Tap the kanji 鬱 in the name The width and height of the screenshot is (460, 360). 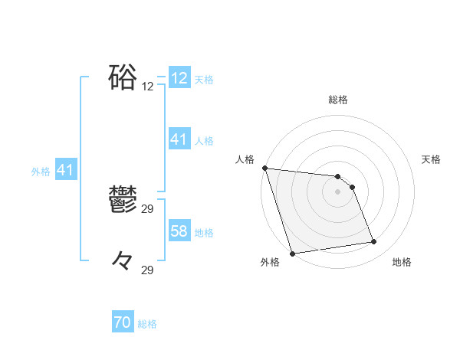click(x=123, y=201)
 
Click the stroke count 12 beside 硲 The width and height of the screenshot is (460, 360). click(x=148, y=87)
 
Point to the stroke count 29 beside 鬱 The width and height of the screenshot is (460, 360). click(x=148, y=209)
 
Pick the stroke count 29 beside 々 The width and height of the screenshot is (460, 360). click(x=148, y=270)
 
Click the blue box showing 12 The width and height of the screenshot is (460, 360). click(x=179, y=78)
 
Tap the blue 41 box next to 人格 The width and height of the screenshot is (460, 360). click(x=179, y=139)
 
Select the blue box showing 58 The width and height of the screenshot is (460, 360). click(x=179, y=231)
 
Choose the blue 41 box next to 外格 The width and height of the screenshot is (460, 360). click(x=65, y=170)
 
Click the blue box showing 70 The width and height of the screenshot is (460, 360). click(x=123, y=323)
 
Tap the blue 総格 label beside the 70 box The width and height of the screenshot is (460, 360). click(x=147, y=324)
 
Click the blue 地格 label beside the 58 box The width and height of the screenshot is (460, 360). click(x=204, y=232)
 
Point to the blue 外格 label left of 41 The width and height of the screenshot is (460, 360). click(x=41, y=172)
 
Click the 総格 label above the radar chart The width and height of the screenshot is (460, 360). click(x=337, y=100)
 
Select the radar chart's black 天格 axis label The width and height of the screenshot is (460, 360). click(x=431, y=159)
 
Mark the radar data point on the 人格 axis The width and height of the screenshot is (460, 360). click(x=264, y=168)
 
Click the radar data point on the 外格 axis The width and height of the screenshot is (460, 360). click(x=292, y=254)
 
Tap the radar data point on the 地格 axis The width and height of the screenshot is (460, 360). click(x=374, y=242)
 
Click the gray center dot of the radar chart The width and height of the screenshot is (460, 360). click(x=337, y=191)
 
